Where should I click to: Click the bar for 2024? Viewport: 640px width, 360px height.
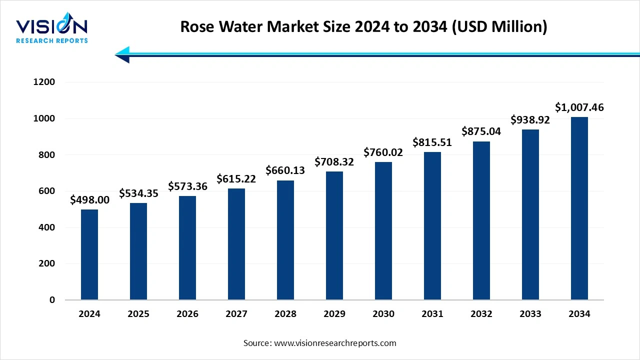[89, 254]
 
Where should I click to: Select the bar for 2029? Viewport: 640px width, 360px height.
[334, 235]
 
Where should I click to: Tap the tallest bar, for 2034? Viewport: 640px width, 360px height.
[579, 208]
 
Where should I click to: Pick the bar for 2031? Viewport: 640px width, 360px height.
[432, 226]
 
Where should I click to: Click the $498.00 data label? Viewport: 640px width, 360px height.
[89, 200]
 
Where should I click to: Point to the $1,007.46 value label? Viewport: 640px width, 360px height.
[579, 107]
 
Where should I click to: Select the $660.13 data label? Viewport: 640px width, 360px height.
[285, 170]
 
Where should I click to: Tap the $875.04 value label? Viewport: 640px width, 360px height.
[481, 131]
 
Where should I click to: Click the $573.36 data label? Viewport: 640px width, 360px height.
[187, 186]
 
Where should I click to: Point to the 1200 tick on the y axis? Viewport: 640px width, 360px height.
[44, 82]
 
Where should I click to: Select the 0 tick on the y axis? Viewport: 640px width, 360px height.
[52, 300]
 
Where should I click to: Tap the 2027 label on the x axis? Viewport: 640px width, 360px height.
[236, 314]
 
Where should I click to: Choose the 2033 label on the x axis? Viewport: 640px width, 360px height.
[530, 314]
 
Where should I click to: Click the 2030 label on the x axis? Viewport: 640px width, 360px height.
[383, 314]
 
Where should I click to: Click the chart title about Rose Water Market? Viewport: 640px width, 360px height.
[363, 26]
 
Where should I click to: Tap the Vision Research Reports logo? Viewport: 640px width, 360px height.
[52, 30]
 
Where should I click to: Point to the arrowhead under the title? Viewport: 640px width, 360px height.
[122, 54]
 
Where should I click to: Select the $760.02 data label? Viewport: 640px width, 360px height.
[383, 152]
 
